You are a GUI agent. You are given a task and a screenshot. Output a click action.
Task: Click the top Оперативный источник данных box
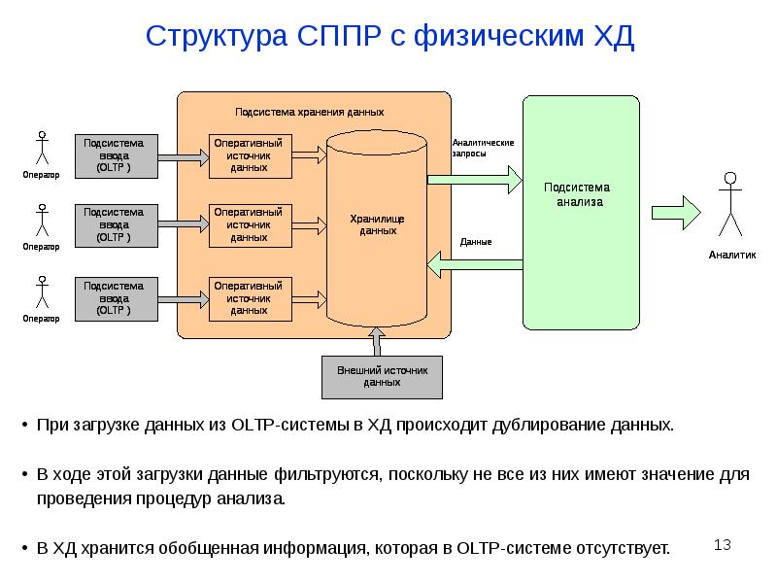[x=250, y=155]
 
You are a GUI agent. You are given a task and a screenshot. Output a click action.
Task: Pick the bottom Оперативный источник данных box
[x=250, y=298]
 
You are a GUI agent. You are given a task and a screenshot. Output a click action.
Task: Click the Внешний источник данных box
[x=383, y=376]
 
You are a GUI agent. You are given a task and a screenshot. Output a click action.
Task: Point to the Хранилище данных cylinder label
[x=377, y=225]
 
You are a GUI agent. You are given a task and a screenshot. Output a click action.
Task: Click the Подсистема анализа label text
[x=580, y=194]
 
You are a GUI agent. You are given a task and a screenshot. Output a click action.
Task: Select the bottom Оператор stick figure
[x=41, y=292]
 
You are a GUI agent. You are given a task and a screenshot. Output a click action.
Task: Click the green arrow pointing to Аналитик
[x=676, y=211]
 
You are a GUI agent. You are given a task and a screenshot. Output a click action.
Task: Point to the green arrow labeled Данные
[x=476, y=262]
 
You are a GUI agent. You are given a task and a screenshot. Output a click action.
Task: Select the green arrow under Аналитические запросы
[x=476, y=178]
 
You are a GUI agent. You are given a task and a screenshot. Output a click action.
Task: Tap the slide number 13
[x=722, y=545]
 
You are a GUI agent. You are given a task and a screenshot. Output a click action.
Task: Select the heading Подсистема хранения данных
[x=310, y=113]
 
